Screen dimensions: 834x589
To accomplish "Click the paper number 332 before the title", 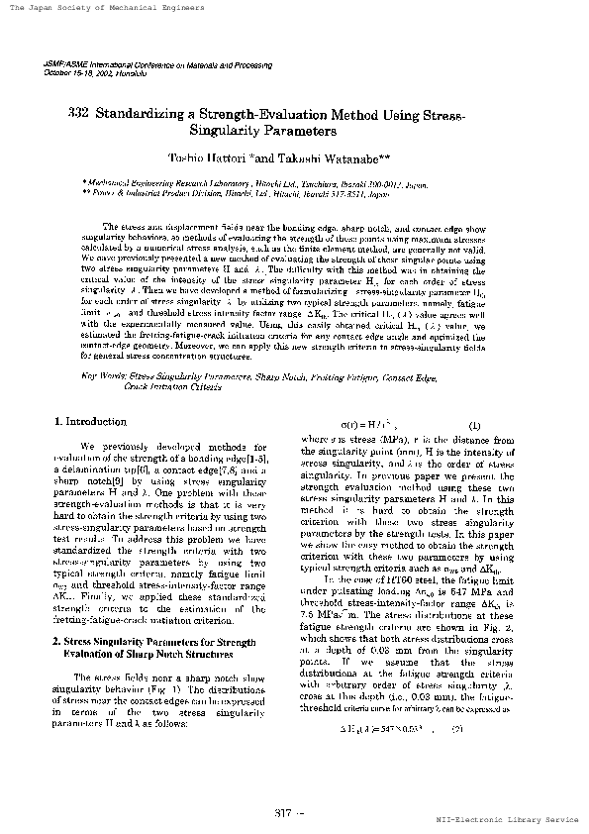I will (79, 114).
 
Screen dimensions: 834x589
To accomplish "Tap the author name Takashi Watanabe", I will (334, 157).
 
